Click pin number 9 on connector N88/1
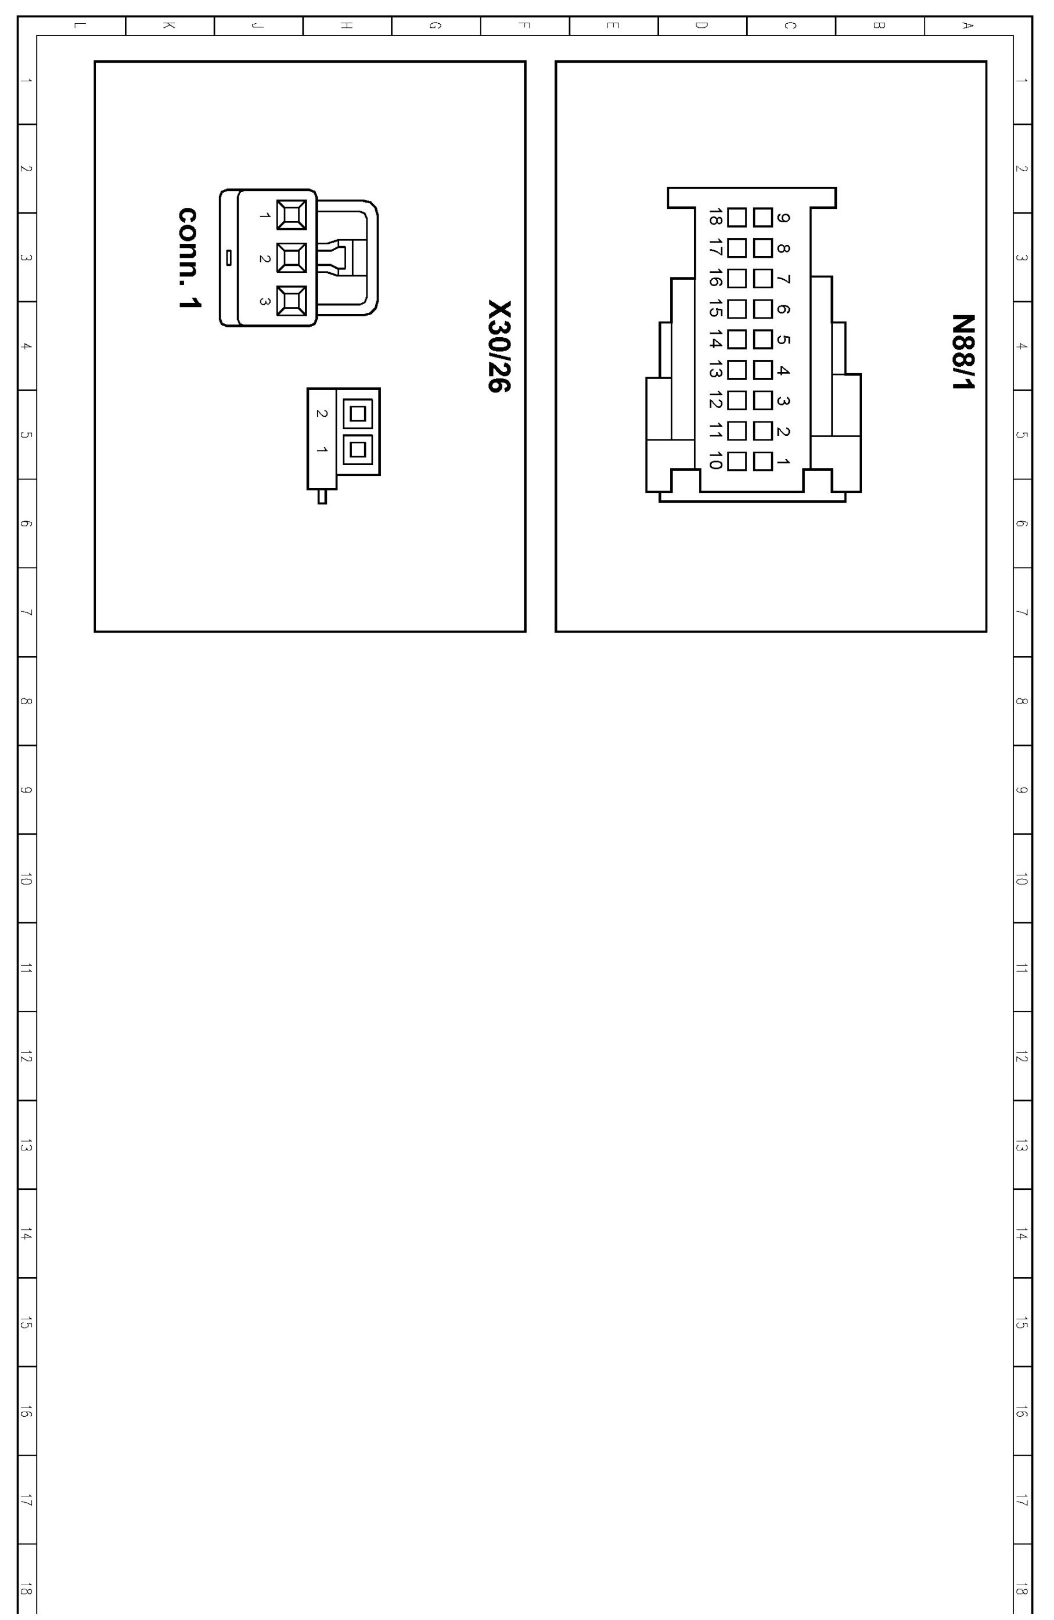783,218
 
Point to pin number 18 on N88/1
715,217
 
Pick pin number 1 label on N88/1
783,461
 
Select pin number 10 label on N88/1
715,461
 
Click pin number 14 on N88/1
715,339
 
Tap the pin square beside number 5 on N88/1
762,339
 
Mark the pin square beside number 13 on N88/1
737,370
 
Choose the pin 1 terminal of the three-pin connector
292,215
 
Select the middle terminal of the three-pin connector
292,258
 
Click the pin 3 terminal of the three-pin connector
292,301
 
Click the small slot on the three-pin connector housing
229,257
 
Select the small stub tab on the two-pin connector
322,496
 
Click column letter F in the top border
524,26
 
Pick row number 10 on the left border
26,880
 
